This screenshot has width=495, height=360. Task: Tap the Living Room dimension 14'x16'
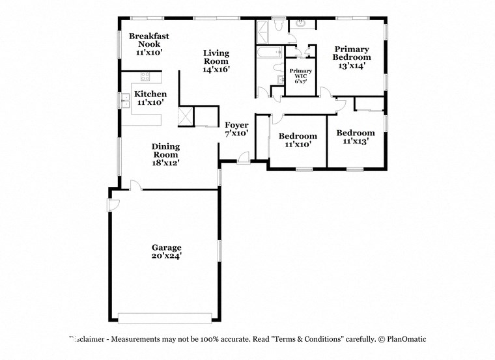click(x=216, y=68)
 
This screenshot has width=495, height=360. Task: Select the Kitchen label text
click(x=150, y=94)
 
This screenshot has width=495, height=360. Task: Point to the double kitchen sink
click(x=123, y=101)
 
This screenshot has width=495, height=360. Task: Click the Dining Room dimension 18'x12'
click(x=165, y=163)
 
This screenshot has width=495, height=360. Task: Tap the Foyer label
click(x=236, y=125)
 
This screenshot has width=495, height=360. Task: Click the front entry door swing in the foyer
click(x=243, y=156)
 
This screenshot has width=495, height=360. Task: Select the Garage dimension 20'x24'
click(x=166, y=256)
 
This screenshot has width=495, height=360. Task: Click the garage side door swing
click(x=113, y=204)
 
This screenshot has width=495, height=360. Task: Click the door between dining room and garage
click(x=134, y=186)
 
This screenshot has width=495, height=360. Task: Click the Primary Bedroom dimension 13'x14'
click(x=352, y=65)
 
